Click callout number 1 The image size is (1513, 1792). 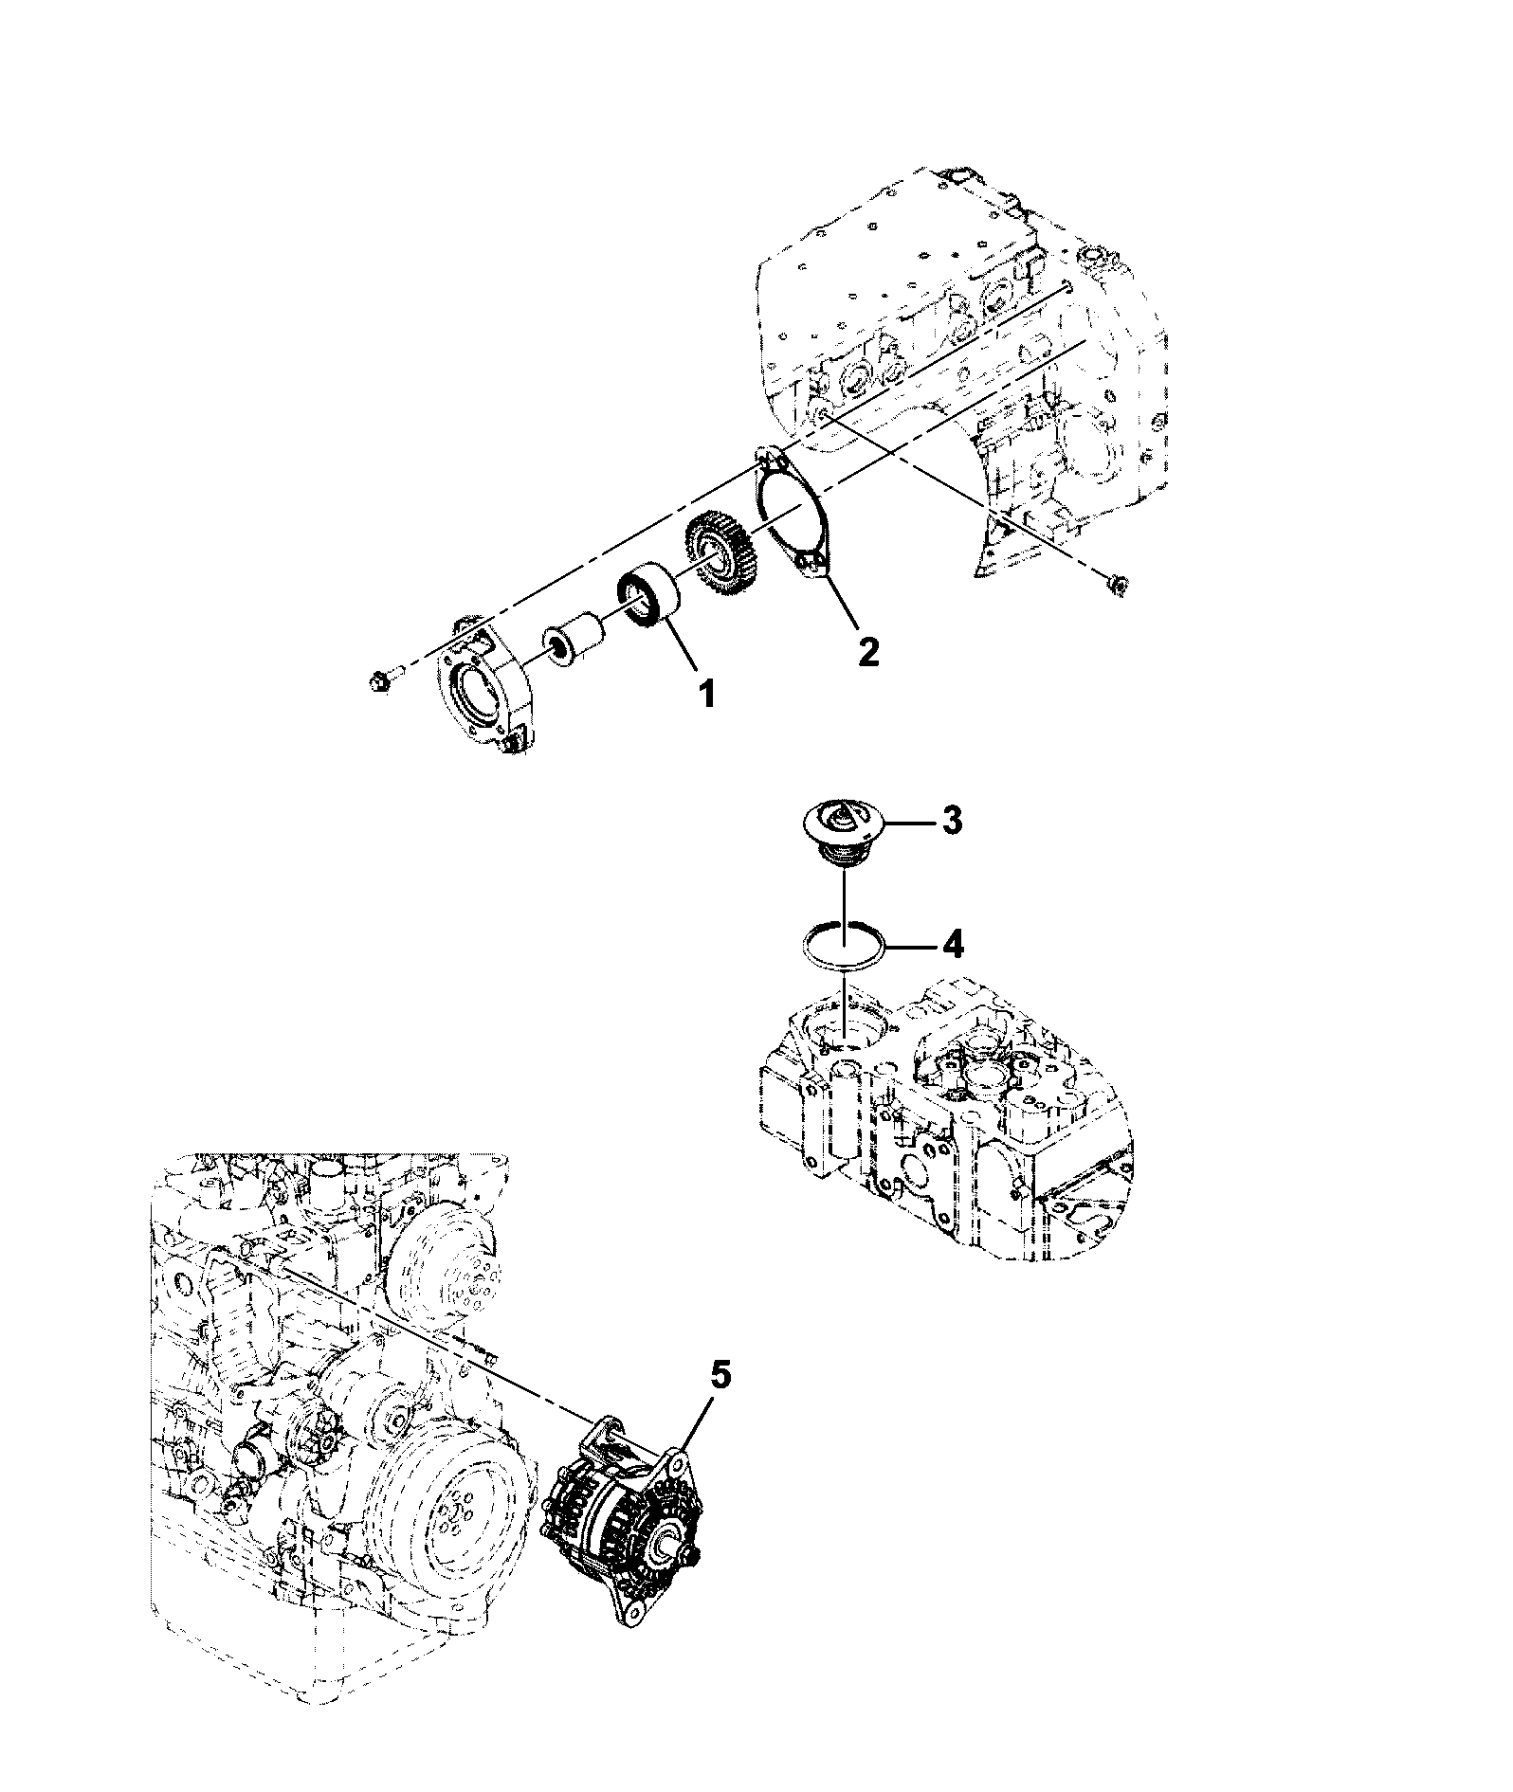pyautogui.click(x=707, y=695)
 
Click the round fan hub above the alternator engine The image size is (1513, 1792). pyautogui.click(x=444, y=1255)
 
